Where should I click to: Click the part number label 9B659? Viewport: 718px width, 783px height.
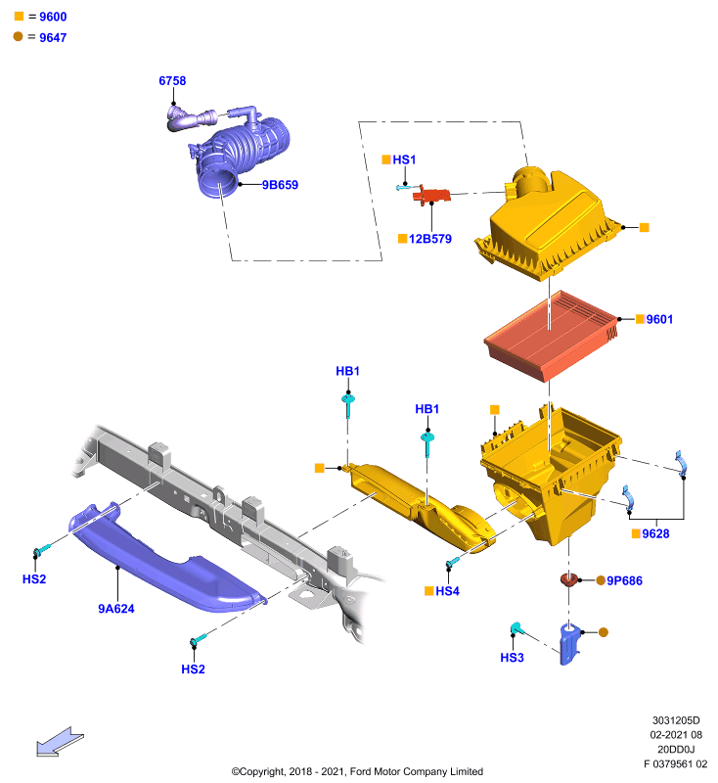[x=280, y=185]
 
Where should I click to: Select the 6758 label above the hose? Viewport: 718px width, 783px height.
[x=172, y=81]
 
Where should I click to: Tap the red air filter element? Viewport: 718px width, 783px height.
[x=552, y=336]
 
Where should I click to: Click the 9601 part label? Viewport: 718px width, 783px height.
[x=659, y=319]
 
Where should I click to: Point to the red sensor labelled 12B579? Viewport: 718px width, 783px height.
[x=431, y=194]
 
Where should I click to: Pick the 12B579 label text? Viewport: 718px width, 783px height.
[x=430, y=239]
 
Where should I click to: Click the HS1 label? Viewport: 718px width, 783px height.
[x=404, y=160]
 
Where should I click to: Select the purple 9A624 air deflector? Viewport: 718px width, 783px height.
[x=164, y=559]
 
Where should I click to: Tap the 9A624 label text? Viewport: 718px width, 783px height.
[x=116, y=609]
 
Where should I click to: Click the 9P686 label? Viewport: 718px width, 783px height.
[x=624, y=580]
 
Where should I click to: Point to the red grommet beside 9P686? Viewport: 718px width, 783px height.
[x=568, y=579]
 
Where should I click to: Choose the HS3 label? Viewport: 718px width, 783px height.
[x=512, y=658]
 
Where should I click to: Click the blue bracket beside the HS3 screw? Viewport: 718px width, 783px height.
[x=570, y=644]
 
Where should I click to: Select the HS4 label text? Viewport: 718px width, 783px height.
[x=447, y=591]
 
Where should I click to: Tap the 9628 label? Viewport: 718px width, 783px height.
[x=655, y=533]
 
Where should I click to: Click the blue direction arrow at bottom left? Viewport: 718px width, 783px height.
[x=60, y=742]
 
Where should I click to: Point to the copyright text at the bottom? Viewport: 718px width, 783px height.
[x=357, y=771]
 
